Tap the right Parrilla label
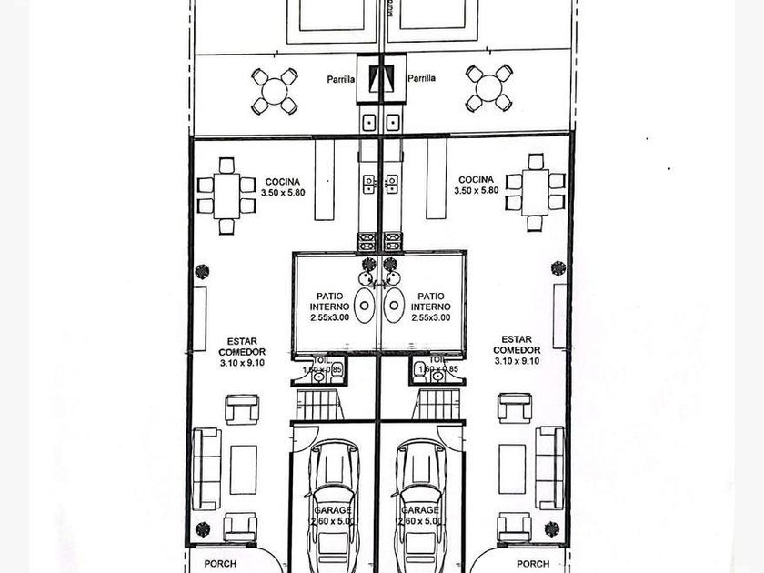click(x=421, y=78)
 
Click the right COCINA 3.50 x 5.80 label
click(x=476, y=185)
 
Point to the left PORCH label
click(x=219, y=564)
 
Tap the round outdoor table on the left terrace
click(x=275, y=91)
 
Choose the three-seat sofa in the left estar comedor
click(x=206, y=468)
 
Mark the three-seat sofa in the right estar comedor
click(x=549, y=467)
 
